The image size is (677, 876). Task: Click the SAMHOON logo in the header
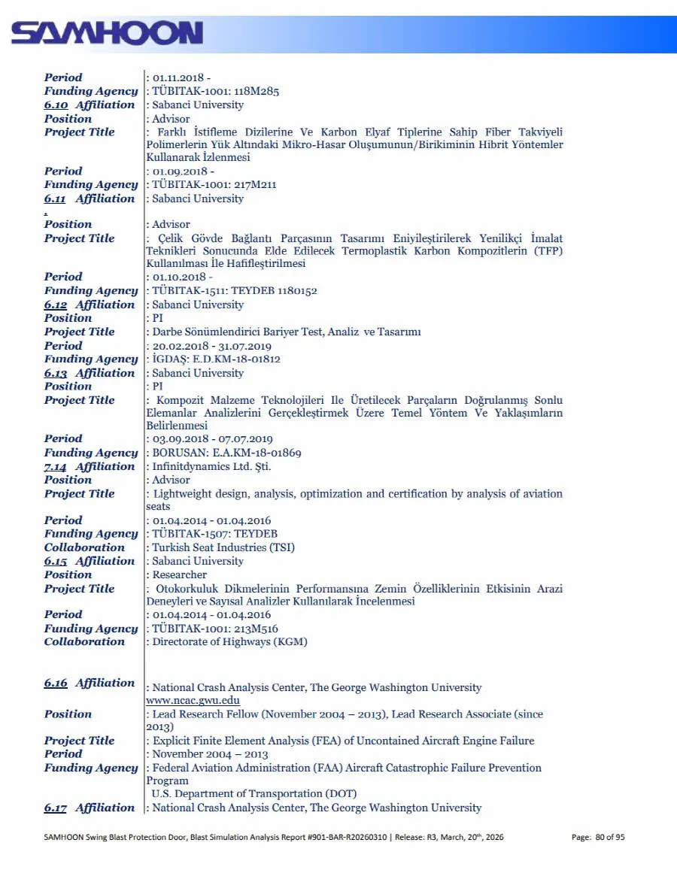[107, 33]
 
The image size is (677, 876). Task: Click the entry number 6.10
[56, 105]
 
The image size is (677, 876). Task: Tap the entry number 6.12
[56, 305]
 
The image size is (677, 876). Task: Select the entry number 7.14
[56, 467]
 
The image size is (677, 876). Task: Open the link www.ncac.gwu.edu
[193, 701]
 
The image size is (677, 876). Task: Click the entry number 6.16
[56, 684]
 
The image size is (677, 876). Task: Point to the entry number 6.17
[56, 808]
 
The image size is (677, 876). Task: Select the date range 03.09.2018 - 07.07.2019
[213, 439]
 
